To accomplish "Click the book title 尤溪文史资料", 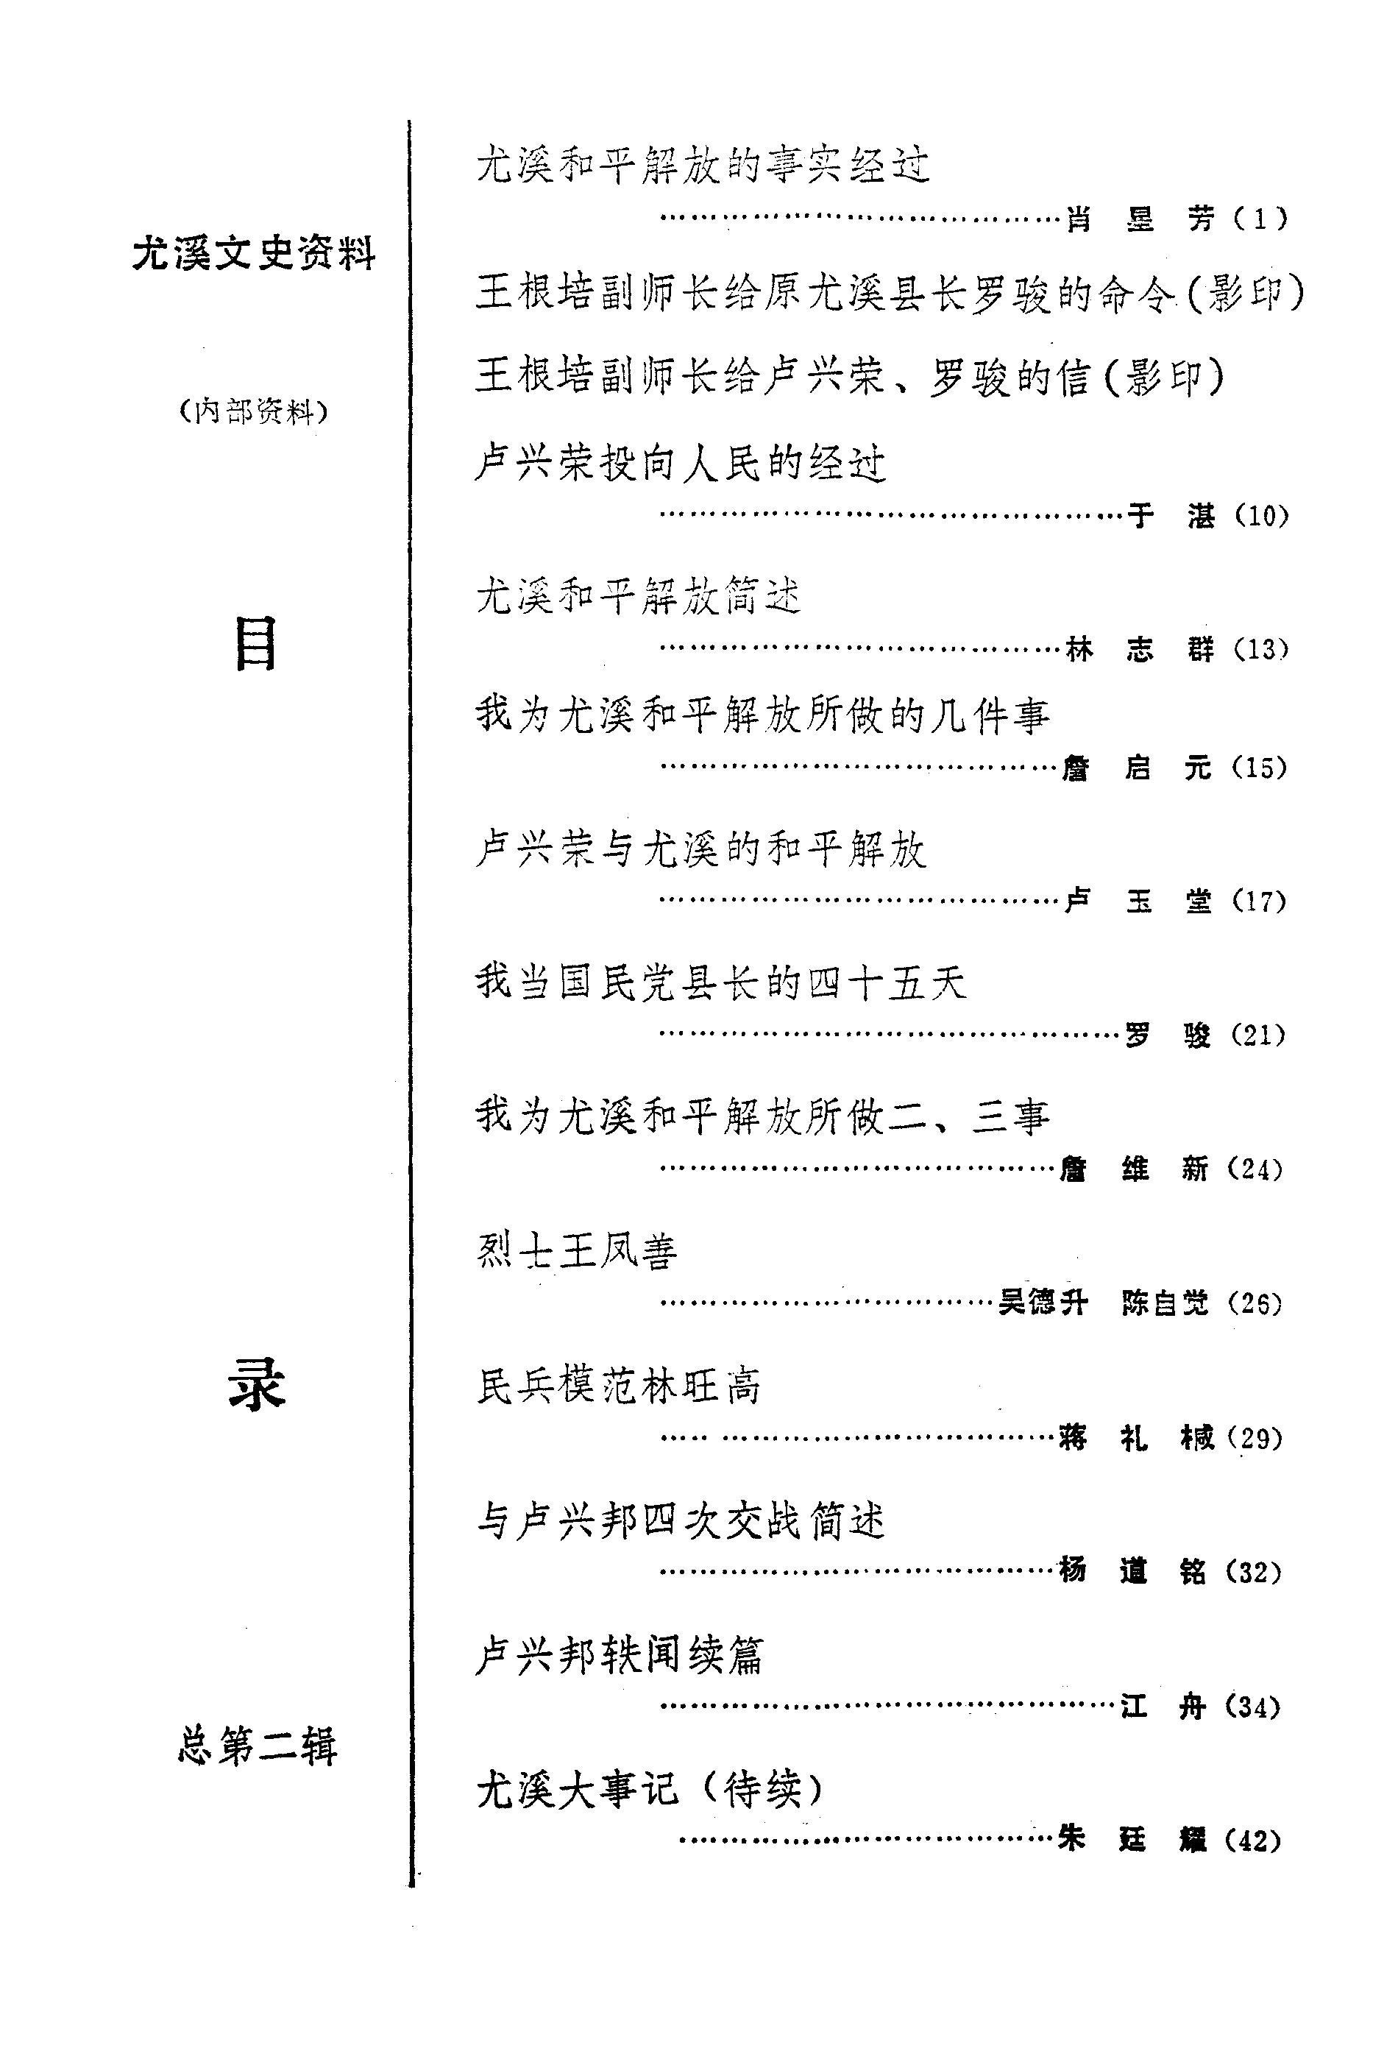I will click(254, 254).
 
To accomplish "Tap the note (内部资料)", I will click(253, 411).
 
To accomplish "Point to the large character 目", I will click(255, 643).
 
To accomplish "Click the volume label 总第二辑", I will click(257, 1746).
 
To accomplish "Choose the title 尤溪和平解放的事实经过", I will click(703, 165).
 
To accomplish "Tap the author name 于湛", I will click(1171, 515).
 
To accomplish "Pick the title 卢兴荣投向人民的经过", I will click(681, 464).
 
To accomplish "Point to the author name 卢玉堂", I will click(1138, 901).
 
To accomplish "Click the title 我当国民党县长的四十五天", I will click(721, 982).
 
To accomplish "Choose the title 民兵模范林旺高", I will click(619, 1386).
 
